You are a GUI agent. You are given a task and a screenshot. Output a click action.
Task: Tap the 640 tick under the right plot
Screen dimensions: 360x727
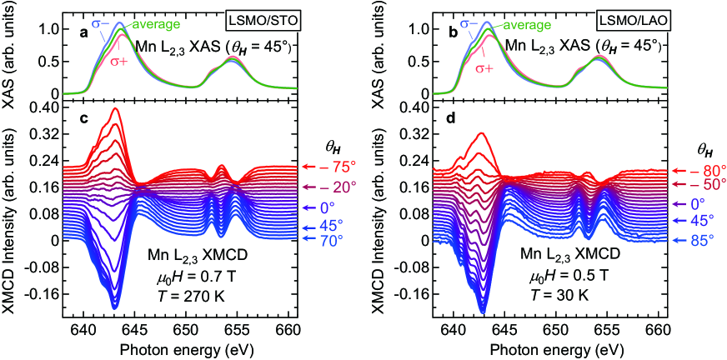tap(453, 327)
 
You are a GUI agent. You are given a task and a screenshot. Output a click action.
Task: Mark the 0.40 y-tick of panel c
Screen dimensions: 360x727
tap(46, 107)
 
